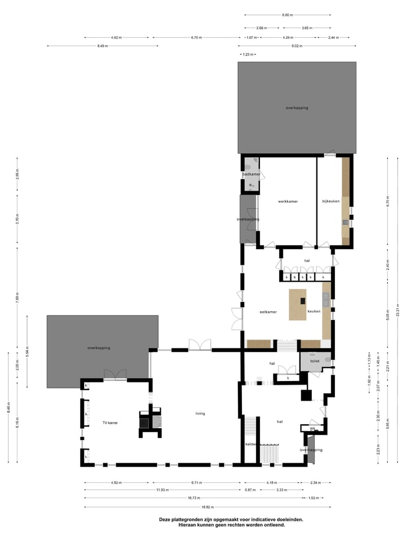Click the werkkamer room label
(288, 201)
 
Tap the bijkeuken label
(330, 201)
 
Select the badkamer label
(251, 174)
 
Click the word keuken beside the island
(314, 311)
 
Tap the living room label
(200, 413)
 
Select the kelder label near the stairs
(251, 444)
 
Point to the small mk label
(312, 428)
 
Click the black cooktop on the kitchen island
(303, 300)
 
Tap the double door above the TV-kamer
(116, 374)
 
